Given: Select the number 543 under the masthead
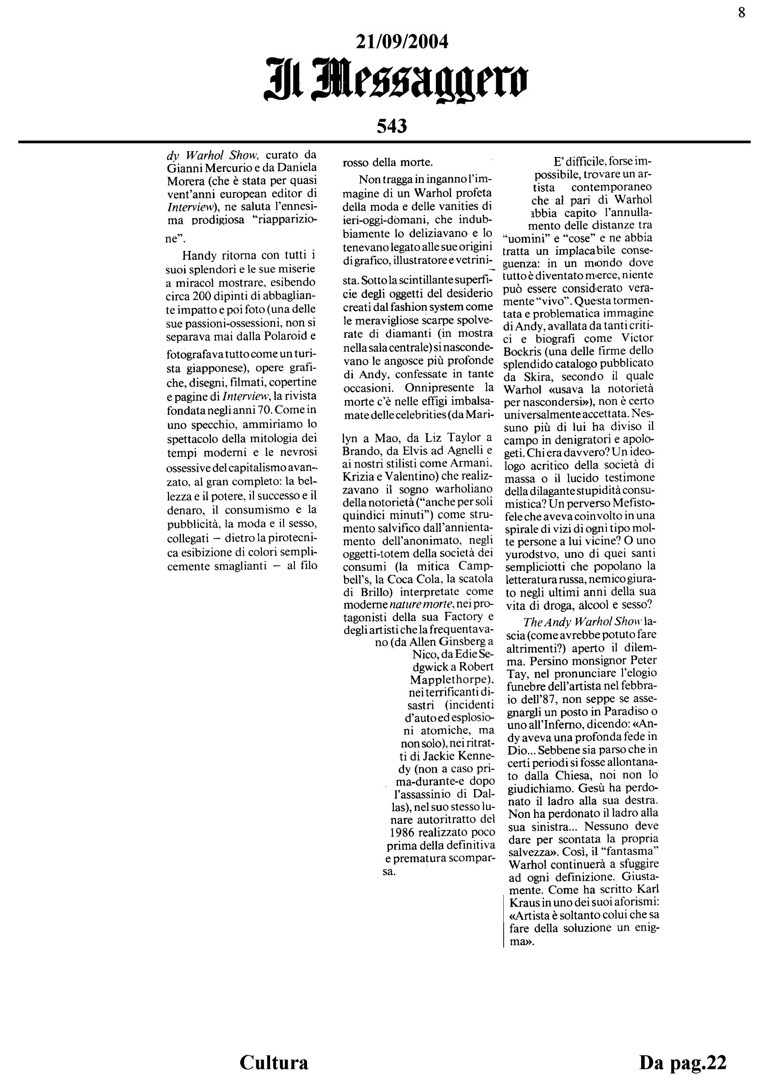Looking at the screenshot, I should (391, 127).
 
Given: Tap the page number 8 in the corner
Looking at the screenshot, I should (742, 12).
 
